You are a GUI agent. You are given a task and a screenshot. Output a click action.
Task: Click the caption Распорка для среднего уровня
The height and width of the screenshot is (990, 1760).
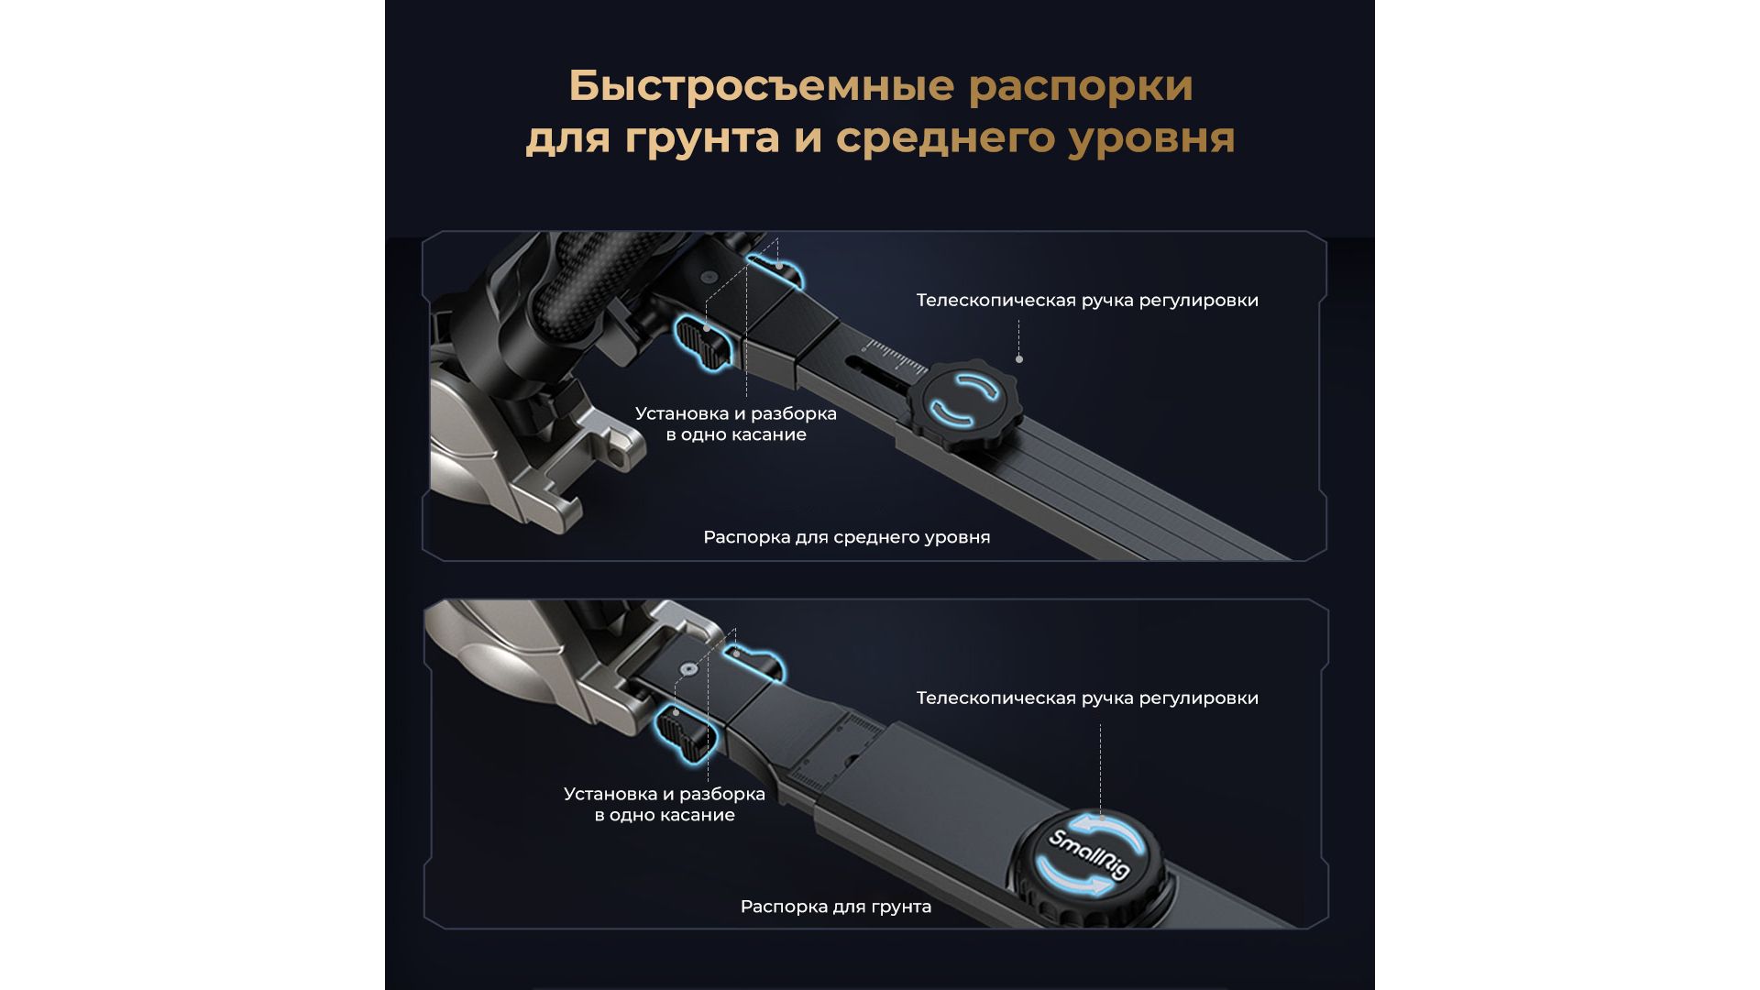tap(847, 537)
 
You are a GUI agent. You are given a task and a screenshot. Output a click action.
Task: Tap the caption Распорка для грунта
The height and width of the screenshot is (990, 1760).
tap(836, 907)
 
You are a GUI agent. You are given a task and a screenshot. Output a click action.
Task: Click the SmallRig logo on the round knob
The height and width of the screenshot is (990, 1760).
tap(1089, 855)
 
